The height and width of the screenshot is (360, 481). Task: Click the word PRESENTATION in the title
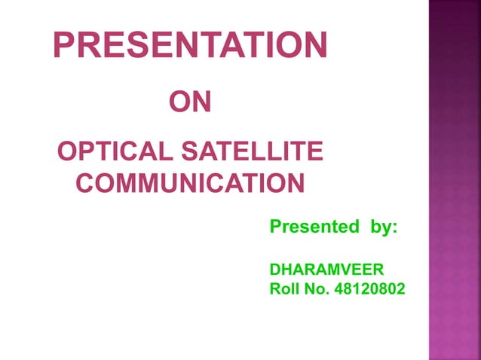click(190, 46)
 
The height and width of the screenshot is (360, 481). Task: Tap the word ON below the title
click(189, 102)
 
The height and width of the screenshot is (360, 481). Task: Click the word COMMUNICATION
click(191, 183)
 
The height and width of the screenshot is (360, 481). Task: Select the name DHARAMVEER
click(326, 268)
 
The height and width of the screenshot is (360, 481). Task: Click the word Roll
click(285, 288)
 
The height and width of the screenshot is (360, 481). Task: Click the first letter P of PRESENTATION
click(64, 46)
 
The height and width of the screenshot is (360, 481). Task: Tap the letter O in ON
click(178, 102)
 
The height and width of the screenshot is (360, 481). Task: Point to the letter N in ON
click(201, 102)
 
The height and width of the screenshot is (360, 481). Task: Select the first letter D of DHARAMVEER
click(275, 268)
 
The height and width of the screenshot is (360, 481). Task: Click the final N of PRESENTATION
click(315, 46)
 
